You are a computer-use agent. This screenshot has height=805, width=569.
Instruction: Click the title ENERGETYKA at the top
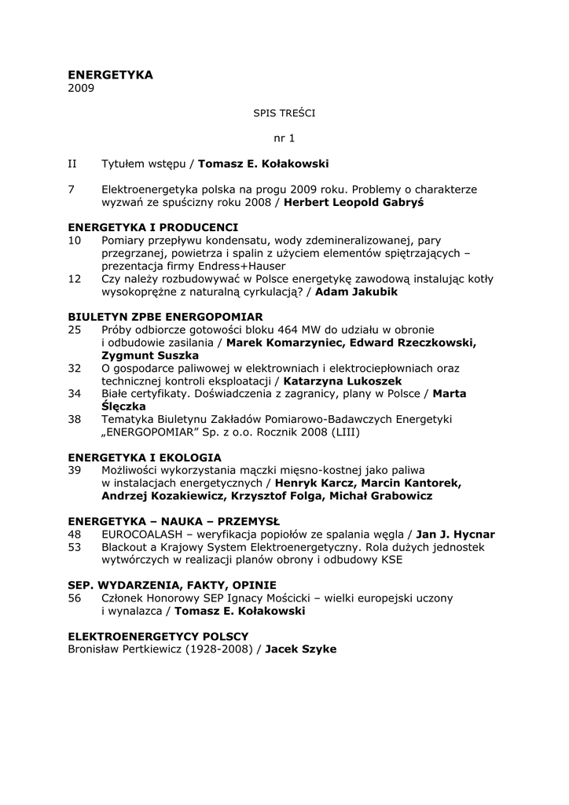click(x=110, y=75)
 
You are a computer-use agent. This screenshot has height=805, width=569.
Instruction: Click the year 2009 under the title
click(x=81, y=88)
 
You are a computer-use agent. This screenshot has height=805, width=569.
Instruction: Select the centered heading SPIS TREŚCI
click(x=284, y=113)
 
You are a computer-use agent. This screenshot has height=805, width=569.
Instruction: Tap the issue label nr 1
click(x=284, y=138)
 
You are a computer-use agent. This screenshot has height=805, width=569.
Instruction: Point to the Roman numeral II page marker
click(x=72, y=164)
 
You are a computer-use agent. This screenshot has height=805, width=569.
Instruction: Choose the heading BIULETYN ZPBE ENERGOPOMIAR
click(x=165, y=317)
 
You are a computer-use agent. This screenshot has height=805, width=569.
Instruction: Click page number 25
click(x=75, y=329)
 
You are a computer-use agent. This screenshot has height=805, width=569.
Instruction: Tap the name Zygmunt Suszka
click(x=150, y=355)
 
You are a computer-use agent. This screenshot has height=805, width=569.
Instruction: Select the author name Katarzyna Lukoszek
click(x=347, y=380)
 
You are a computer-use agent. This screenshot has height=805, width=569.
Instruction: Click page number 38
click(x=75, y=419)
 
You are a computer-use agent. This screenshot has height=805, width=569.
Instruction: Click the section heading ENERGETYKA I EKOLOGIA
click(x=145, y=457)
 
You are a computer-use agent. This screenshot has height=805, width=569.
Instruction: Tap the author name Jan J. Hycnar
click(x=455, y=534)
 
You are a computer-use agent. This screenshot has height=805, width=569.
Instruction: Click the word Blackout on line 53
click(x=127, y=546)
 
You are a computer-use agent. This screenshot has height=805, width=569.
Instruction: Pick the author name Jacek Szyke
click(x=301, y=649)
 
